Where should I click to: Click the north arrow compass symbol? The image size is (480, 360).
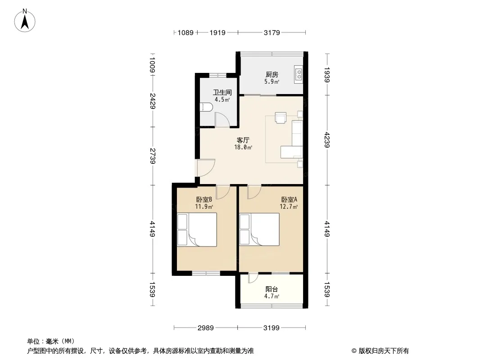click(25, 21)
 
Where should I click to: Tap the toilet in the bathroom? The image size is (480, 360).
click(206, 108)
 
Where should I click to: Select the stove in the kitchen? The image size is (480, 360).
click(298, 74)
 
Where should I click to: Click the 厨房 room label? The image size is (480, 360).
click(272, 74)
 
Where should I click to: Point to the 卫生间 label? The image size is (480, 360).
click(222, 92)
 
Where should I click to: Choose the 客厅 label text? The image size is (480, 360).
click(243, 140)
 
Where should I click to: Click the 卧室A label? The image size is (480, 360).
click(289, 199)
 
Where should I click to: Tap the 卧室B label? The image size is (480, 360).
click(204, 199)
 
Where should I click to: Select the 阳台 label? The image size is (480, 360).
click(272, 289)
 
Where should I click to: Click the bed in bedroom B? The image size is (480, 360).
click(197, 229)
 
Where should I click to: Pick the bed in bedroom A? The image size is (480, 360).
click(259, 229)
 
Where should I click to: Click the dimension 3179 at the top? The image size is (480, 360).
click(272, 32)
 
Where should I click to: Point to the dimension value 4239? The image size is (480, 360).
click(326, 140)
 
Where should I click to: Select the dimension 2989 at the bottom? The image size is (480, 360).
click(205, 328)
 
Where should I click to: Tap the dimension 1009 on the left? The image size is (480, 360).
click(153, 65)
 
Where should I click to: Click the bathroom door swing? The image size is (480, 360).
click(222, 120)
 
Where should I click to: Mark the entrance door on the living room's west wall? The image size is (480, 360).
click(206, 167)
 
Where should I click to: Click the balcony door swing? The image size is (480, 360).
click(253, 278)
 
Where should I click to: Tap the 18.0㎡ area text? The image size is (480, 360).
click(243, 148)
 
